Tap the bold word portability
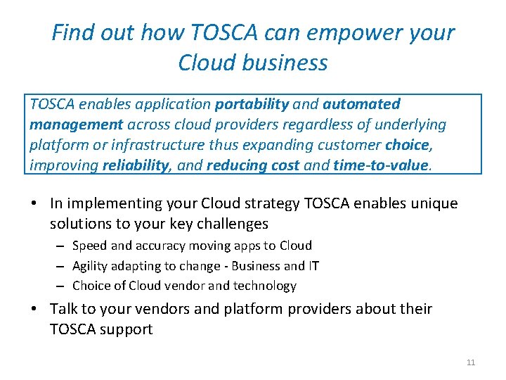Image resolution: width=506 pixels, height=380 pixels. (252, 104)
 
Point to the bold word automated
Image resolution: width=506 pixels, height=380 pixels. (361, 104)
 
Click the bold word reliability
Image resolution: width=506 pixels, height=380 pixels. (137, 165)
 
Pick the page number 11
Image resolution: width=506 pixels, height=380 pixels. (471, 362)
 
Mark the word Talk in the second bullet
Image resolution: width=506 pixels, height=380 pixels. (65, 309)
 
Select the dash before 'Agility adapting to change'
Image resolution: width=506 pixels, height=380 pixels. (61, 266)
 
